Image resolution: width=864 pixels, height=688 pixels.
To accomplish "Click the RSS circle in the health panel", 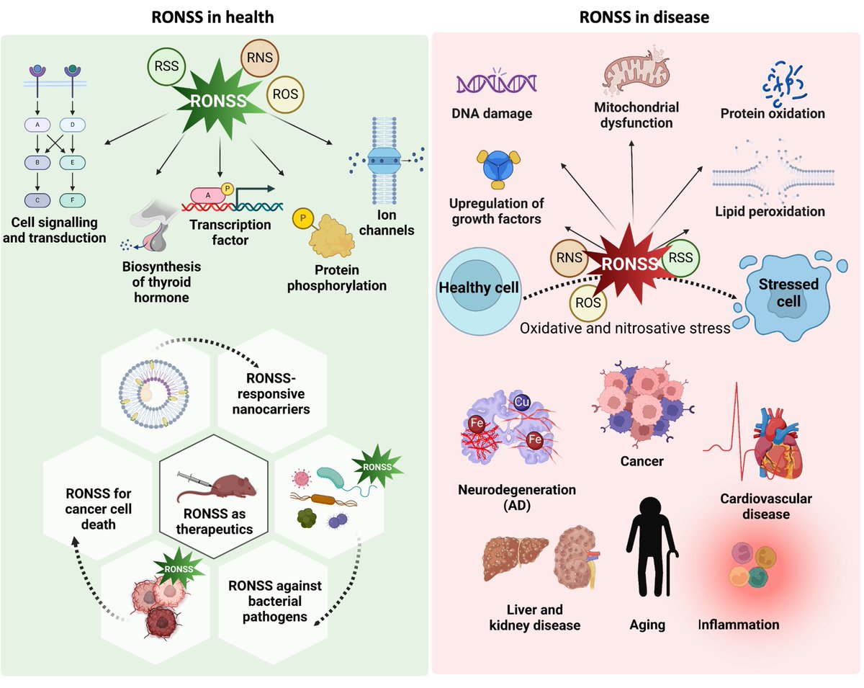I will [x=167, y=70].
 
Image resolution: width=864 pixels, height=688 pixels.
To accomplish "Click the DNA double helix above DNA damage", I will [x=497, y=82].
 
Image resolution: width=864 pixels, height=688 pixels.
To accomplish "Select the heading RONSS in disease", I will [x=644, y=17].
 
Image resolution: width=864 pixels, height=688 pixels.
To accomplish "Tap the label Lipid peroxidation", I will [x=770, y=212].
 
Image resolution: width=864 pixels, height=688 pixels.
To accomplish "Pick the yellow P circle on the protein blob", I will [x=300, y=216].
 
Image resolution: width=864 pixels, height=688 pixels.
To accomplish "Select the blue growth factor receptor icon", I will [x=495, y=169].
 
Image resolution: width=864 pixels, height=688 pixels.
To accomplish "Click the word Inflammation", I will [x=739, y=625].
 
